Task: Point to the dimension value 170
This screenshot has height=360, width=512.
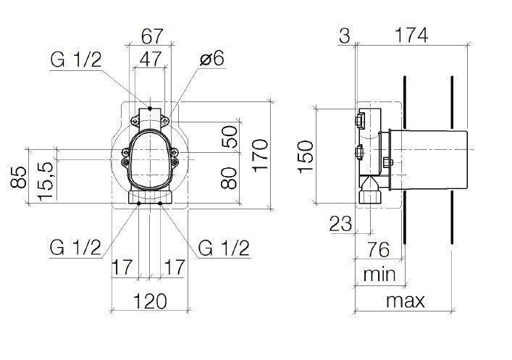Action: pos(260,154)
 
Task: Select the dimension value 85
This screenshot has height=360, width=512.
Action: pos(20,176)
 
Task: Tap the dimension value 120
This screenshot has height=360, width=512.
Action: pos(151,301)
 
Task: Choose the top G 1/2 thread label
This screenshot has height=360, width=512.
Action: pos(77,59)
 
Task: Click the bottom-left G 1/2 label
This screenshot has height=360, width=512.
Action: pos(76,248)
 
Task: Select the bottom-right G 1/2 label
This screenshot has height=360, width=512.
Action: pos(224,248)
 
